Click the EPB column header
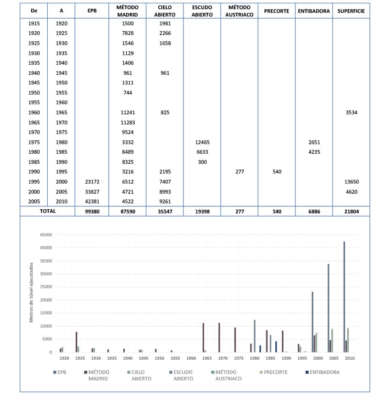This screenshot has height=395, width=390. (x=92, y=11)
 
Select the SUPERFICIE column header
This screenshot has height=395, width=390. (x=351, y=11)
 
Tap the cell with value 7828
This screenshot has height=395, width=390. (x=128, y=33)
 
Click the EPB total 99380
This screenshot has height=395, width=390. (x=92, y=211)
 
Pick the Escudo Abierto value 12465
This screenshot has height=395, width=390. (x=202, y=142)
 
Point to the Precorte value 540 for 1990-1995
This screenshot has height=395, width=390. (x=277, y=172)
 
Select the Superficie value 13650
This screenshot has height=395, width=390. (x=351, y=182)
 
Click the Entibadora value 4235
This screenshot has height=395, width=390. (x=314, y=152)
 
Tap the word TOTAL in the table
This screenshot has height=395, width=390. (x=48, y=211)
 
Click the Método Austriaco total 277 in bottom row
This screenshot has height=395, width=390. (x=240, y=211)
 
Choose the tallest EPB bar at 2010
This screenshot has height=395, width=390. (x=344, y=297)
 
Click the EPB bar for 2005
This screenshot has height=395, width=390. (x=328, y=308)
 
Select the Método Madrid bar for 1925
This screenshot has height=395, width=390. (x=76, y=342)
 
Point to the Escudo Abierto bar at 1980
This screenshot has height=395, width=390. (x=255, y=336)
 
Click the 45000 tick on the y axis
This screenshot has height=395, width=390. (x=46, y=235)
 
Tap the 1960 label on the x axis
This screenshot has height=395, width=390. (x=191, y=358)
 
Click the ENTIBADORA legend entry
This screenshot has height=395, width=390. (x=323, y=372)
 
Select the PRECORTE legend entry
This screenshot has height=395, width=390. (x=273, y=372)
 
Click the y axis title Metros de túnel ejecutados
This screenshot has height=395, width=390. (x=31, y=293)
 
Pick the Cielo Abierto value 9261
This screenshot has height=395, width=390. (x=165, y=201)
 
